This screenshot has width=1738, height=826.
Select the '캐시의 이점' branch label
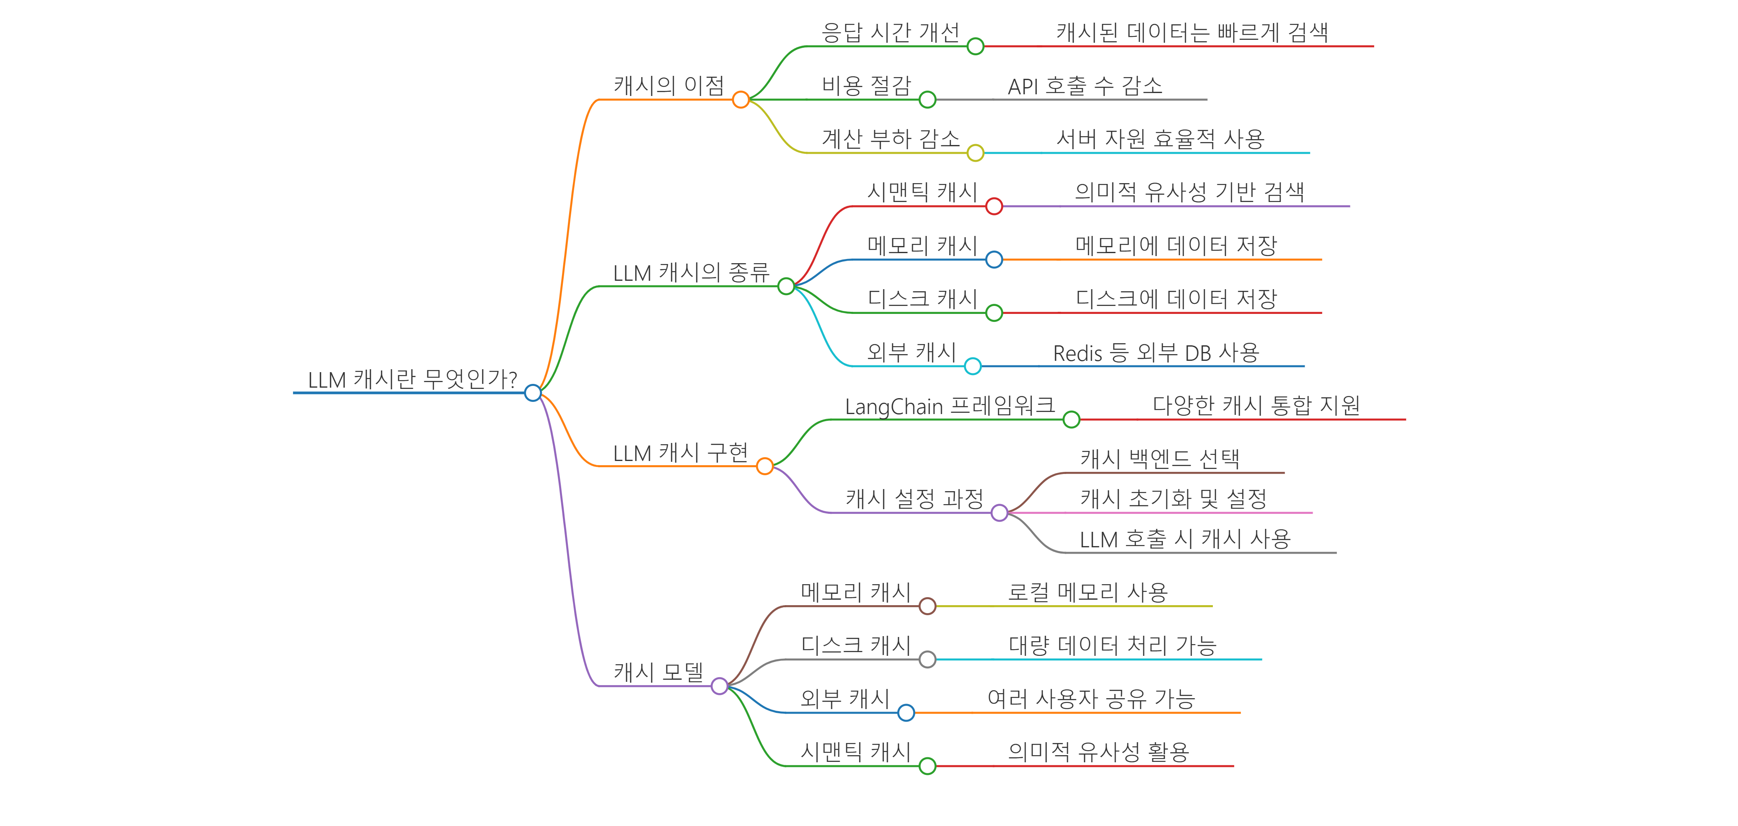668,86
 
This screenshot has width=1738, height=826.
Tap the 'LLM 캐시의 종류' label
691,273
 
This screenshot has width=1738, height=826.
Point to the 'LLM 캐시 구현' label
680,453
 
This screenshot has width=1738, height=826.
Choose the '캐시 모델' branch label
658,672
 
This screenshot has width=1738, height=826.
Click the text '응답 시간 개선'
890,32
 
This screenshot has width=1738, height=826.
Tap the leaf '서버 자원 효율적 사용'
1160,139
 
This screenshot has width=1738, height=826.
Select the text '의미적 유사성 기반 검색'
1189,192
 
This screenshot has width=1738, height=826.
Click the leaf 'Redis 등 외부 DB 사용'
1156,352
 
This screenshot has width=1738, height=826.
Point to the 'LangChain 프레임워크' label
949,406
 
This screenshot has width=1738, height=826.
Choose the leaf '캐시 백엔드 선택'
1160,459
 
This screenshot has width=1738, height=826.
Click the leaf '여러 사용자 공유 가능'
1091,699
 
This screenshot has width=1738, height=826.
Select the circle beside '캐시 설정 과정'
999,513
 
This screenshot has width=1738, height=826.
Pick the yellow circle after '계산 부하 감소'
975,153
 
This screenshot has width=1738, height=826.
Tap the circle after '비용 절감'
928,100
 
